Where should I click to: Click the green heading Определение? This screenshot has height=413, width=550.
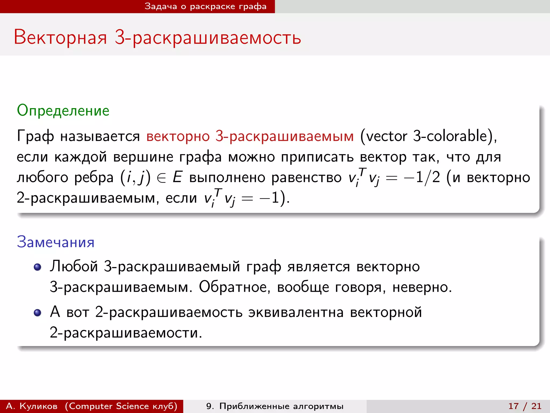63,111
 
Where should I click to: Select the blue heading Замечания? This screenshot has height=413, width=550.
56,242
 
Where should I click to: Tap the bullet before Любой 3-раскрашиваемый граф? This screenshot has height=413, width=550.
37,267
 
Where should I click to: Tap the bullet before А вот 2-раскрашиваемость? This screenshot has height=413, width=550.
37,313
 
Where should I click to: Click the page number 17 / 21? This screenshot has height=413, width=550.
525,406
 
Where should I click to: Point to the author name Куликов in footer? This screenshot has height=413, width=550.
38,406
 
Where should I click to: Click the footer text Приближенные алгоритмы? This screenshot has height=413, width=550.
281,406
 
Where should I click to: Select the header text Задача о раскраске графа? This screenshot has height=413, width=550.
205,6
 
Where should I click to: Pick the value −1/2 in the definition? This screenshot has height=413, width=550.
422,177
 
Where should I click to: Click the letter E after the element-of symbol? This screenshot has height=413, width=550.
177,177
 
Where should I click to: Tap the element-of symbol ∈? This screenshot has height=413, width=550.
161,178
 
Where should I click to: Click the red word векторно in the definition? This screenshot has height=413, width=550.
178,136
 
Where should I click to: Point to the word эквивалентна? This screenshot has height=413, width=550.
296,312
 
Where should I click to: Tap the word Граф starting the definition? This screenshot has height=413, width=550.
35,136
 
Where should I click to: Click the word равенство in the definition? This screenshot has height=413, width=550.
306,177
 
